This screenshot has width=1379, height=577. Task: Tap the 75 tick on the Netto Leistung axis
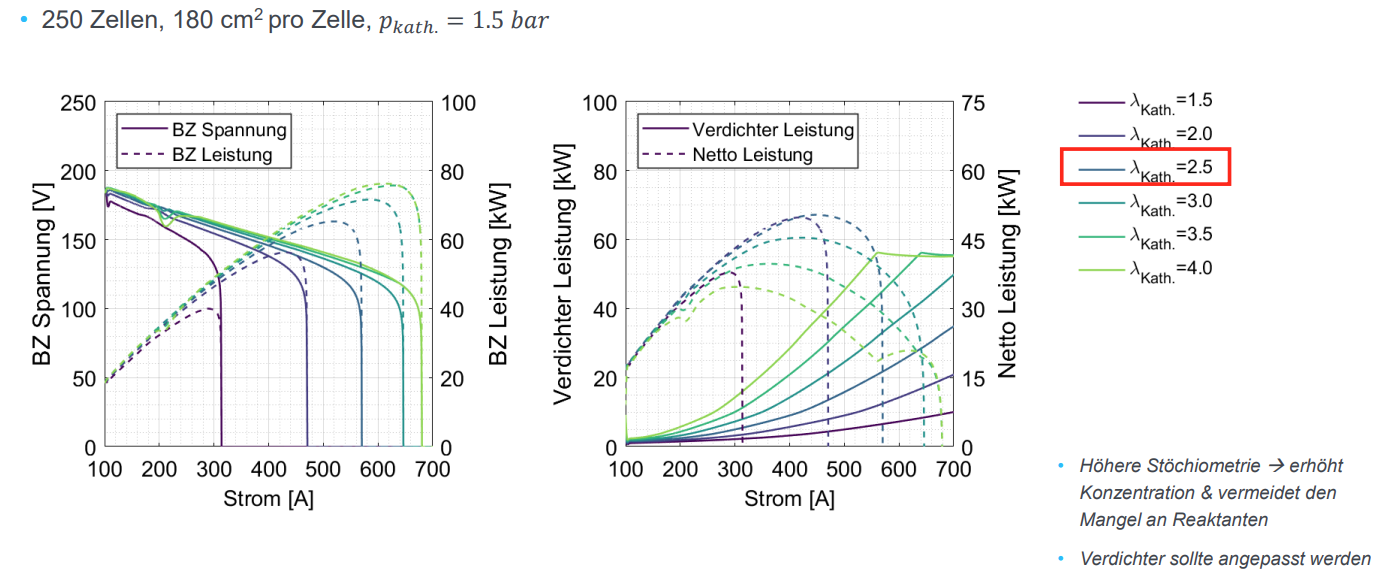coord(974,103)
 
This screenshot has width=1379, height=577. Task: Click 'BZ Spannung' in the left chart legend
coord(229,130)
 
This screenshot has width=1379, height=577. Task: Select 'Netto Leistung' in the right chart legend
coord(752,155)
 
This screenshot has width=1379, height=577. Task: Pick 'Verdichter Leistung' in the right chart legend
coord(773,130)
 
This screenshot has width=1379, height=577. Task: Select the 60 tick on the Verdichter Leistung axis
coord(602,241)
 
